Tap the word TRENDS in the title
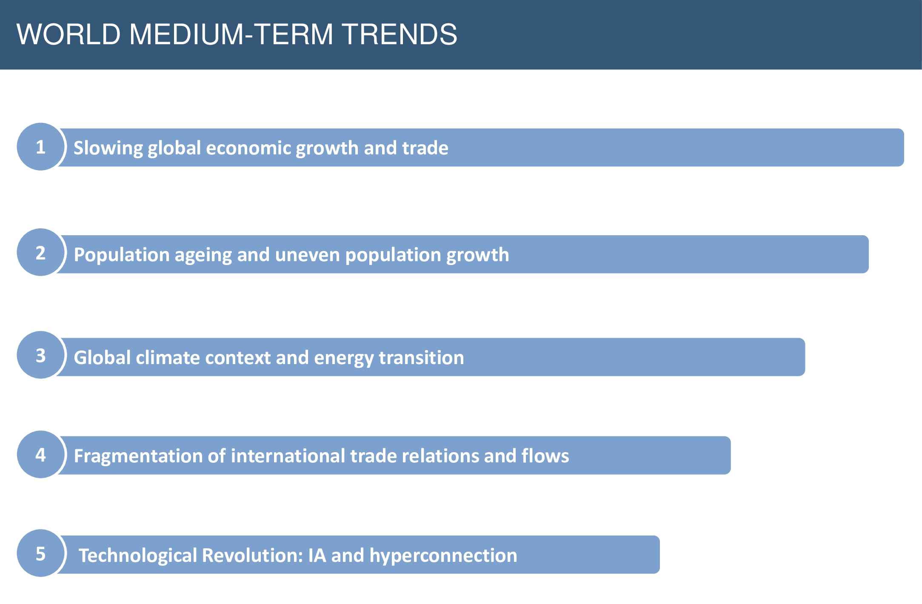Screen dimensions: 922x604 click(400, 34)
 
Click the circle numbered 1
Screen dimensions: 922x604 click(41, 147)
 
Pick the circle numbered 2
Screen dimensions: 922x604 click(41, 252)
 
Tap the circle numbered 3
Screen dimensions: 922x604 click(41, 355)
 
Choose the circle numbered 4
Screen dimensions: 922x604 click(41, 454)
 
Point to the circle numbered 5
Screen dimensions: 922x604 click(41, 553)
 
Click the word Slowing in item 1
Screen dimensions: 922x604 click(108, 148)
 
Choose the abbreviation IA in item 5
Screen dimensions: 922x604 click(317, 556)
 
